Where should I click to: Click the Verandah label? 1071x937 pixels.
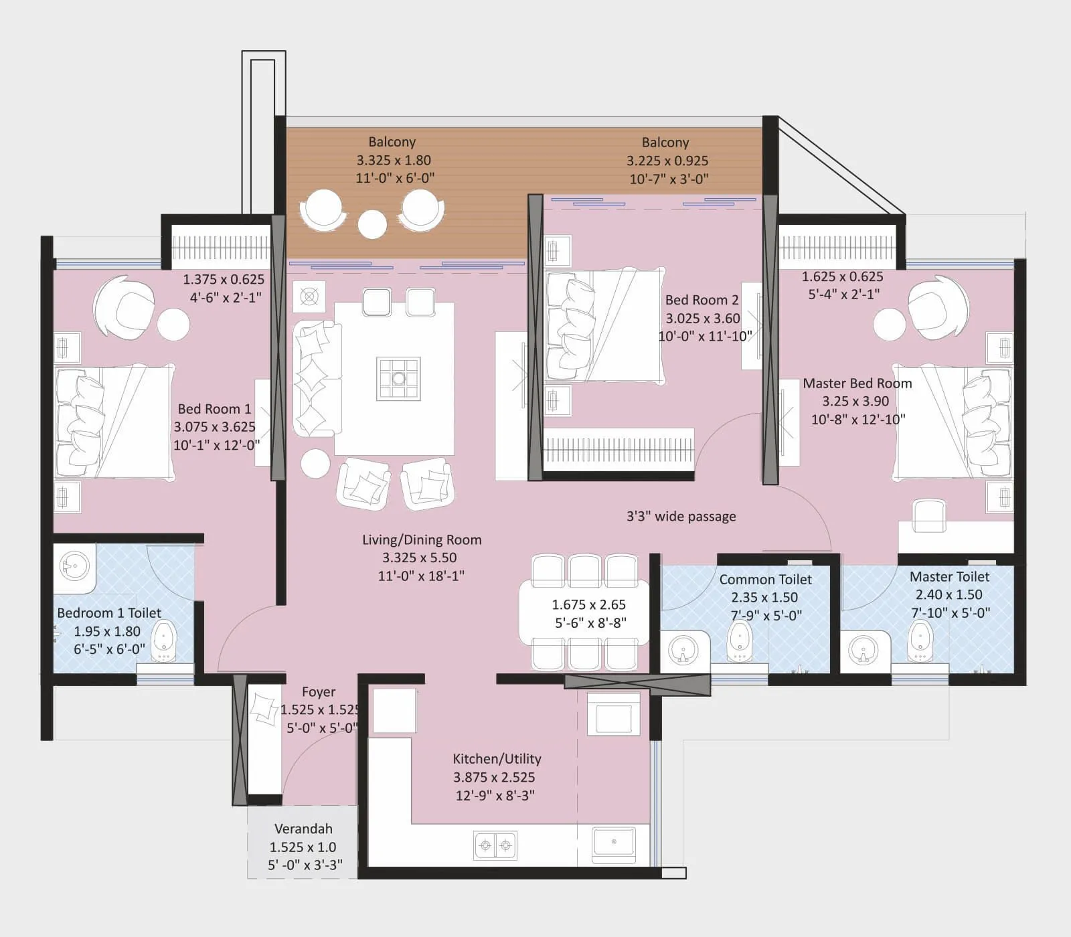click(x=303, y=829)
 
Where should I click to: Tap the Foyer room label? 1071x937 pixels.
click(x=319, y=692)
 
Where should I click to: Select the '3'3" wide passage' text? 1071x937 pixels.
click(x=681, y=516)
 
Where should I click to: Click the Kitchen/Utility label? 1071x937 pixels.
click(x=497, y=759)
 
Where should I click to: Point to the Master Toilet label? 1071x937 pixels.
click(x=949, y=576)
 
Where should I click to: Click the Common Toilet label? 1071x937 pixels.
click(x=765, y=580)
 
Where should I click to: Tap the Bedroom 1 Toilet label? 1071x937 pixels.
click(x=109, y=613)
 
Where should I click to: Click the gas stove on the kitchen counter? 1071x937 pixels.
click(x=495, y=845)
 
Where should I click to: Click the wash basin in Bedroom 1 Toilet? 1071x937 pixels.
click(x=74, y=566)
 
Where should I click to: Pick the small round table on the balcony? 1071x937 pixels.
click(x=372, y=224)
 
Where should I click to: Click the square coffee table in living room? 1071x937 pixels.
click(x=398, y=378)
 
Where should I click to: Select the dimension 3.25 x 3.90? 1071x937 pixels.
click(x=855, y=402)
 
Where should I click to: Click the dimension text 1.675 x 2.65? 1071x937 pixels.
click(x=588, y=605)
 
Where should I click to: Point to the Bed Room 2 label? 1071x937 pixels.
click(x=702, y=300)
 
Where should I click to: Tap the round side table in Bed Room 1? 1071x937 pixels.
click(x=173, y=324)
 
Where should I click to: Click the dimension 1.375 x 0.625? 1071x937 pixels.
click(x=224, y=280)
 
